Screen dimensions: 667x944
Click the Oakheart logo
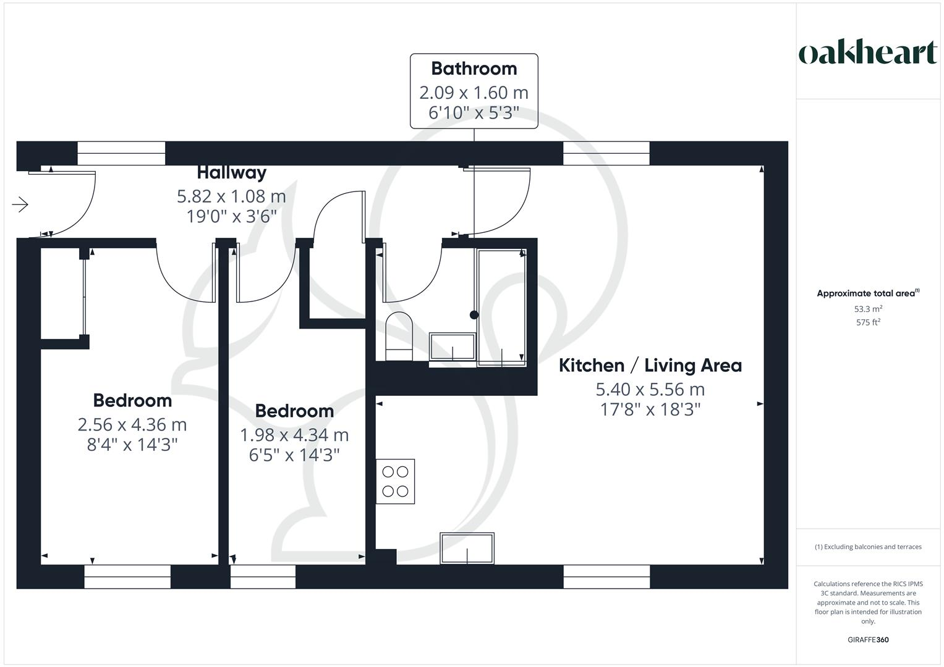(867, 52)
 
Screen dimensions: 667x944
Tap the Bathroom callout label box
(474, 91)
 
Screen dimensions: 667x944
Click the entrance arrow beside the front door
(20, 204)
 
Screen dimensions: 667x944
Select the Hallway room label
(231, 172)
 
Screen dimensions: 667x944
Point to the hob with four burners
(395, 481)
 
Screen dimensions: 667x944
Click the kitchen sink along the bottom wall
(467, 548)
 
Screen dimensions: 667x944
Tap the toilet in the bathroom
(399, 337)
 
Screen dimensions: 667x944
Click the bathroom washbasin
(452, 347)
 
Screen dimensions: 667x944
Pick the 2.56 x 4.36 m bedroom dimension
(132, 425)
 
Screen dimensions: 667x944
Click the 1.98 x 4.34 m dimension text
(294, 435)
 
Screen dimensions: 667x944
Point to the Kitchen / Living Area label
(650, 366)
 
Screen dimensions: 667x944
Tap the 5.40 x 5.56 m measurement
(650, 390)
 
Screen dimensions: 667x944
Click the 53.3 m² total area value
(867, 309)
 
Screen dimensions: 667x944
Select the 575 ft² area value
(867, 322)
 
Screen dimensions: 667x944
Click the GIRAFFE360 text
(867, 640)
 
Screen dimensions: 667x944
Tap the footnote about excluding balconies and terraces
(867, 547)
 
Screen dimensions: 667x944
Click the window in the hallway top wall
(121, 153)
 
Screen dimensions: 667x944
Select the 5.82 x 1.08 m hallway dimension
(231, 196)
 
